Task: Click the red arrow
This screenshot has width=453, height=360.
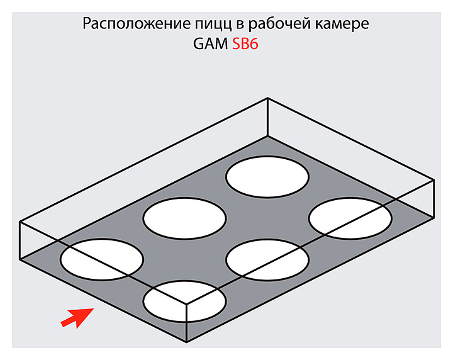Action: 74,318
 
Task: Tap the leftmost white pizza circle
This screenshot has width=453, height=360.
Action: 102,259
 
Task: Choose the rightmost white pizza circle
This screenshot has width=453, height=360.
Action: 350,218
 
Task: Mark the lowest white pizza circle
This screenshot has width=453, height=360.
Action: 184,300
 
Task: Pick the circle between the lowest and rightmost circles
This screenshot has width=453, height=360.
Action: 267,259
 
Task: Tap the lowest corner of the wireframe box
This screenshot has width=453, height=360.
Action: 186,342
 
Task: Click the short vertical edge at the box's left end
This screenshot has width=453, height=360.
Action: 20,240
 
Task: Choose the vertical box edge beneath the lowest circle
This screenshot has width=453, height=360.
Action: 186,322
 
